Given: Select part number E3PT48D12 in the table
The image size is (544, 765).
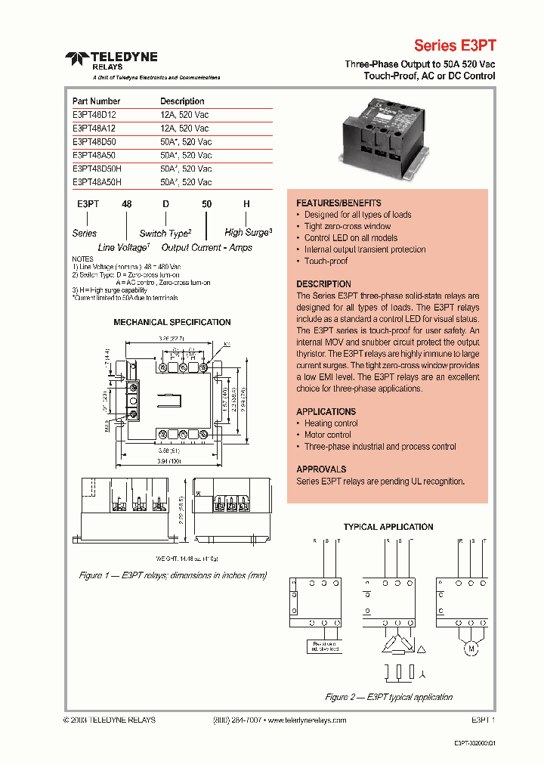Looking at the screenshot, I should (x=94, y=115).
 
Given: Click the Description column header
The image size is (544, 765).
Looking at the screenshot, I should (x=182, y=101).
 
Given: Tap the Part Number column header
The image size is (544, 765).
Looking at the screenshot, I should (x=96, y=101).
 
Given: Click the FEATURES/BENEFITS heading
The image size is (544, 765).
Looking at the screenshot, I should (x=338, y=203).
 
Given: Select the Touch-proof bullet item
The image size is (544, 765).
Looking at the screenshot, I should (x=326, y=261).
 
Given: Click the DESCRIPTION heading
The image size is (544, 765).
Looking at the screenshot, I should (x=323, y=284).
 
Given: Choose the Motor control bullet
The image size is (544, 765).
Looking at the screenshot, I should (x=327, y=435).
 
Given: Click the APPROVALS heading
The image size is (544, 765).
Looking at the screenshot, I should (x=321, y=469).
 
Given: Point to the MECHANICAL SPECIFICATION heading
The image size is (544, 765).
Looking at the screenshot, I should (x=172, y=322).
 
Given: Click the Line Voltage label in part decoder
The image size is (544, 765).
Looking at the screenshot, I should (x=124, y=247).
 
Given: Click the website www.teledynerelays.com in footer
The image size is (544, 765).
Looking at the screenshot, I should (x=306, y=720).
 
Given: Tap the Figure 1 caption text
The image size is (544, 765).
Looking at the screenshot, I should (x=173, y=575).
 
